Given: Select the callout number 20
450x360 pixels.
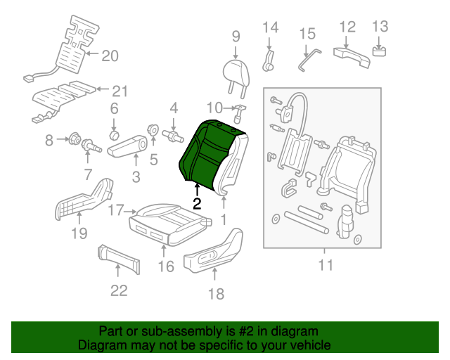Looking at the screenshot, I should pyautogui.click(x=110, y=56).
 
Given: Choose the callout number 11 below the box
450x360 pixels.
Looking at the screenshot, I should pyautogui.click(x=324, y=265).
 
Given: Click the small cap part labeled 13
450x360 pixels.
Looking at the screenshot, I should pyautogui.click(x=380, y=50).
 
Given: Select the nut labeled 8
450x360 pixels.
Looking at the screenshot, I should pyautogui.click(x=74, y=141).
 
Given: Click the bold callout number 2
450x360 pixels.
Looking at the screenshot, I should pyautogui.click(x=197, y=204).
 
